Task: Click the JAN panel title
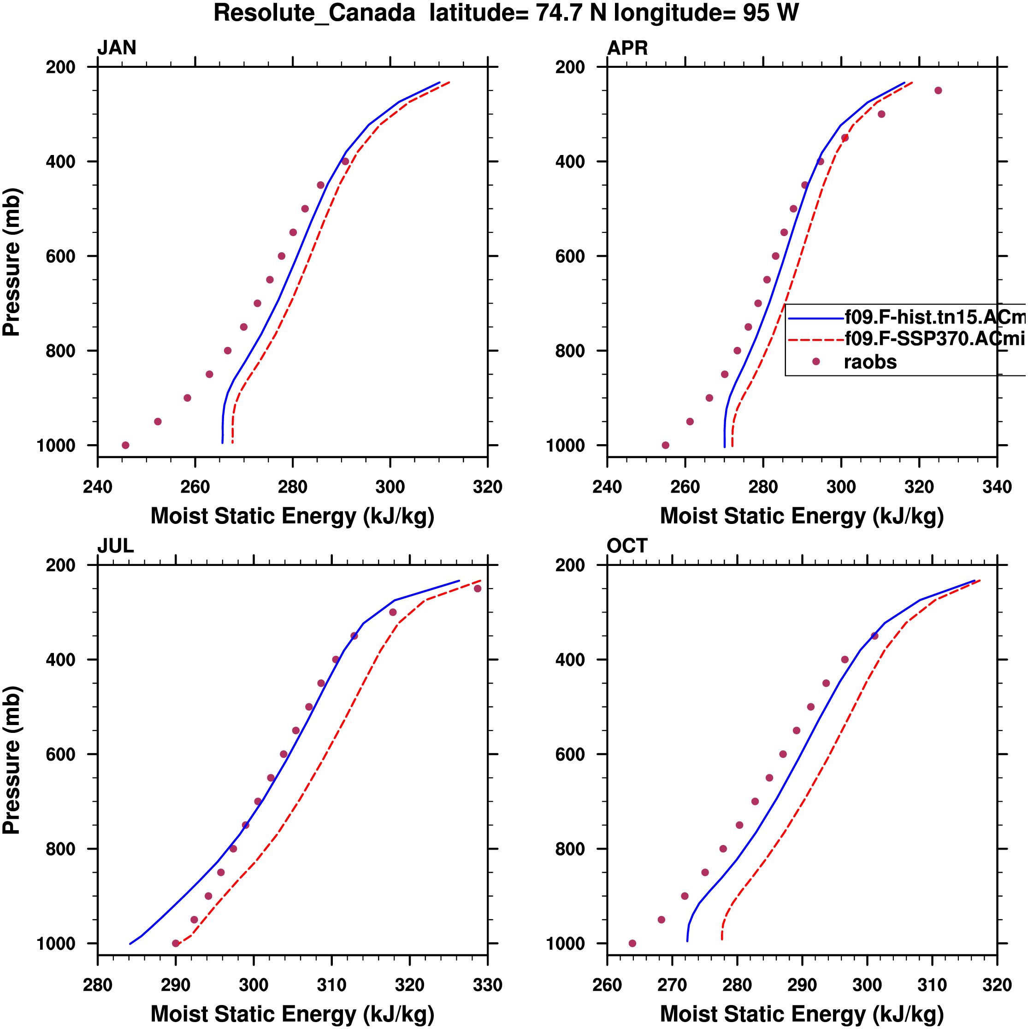pyautogui.click(x=117, y=48)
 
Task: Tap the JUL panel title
pyautogui.click(x=115, y=546)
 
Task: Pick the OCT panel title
pyautogui.click(x=626, y=546)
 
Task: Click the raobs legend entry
pyautogui.click(x=870, y=362)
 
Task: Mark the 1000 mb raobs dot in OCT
pyautogui.click(x=632, y=943)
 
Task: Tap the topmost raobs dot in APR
pyautogui.click(x=938, y=90)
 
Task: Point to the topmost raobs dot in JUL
pyautogui.click(x=478, y=589)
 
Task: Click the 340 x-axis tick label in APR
pyautogui.click(x=997, y=487)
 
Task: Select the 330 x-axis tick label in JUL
pyautogui.click(x=487, y=985)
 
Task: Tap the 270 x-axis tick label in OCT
pyautogui.click(x=672, y=985)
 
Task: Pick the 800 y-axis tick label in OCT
pyautogui.click(x=570, y=849)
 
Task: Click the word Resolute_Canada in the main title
pyautogui.click(x=314, y=13)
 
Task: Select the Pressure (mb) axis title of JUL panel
pyautogui.click(x=12, y=760)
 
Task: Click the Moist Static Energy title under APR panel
pyautogui.click(x=802, y=516)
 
